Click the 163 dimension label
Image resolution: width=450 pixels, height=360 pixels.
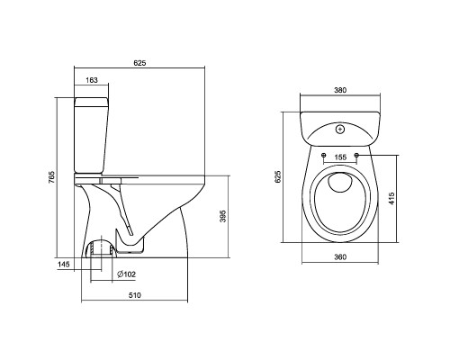[92, 80]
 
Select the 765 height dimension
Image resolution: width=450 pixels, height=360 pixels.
[51, 177]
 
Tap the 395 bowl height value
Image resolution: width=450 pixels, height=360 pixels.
[222, 216]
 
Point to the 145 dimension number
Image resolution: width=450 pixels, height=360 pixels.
[64, 265]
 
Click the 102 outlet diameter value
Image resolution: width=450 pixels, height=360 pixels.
[130, 274]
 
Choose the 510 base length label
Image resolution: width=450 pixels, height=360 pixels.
[135, 295]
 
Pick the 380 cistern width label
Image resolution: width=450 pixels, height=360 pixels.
[340, 90]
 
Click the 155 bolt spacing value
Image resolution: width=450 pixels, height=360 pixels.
[340, 157]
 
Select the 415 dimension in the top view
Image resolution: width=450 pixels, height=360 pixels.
[391, 199]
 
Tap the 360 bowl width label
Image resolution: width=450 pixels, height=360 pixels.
[340, 257]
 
